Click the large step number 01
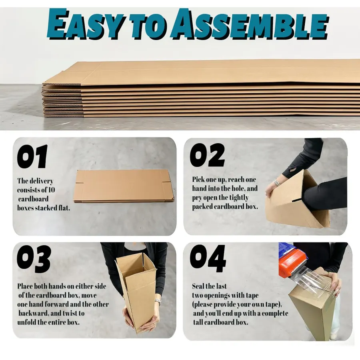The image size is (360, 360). coord(32,156)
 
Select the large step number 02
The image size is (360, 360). coord(207,155)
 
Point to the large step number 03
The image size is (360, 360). coord(34,259)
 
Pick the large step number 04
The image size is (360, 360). coord(208,258)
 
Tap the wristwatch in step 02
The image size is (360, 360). coord(277,182)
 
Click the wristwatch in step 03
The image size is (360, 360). coord(158,300)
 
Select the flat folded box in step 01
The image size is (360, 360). coord(124,186)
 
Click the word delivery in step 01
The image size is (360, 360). coord(41,181)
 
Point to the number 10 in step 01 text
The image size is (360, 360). coord(52,190)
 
